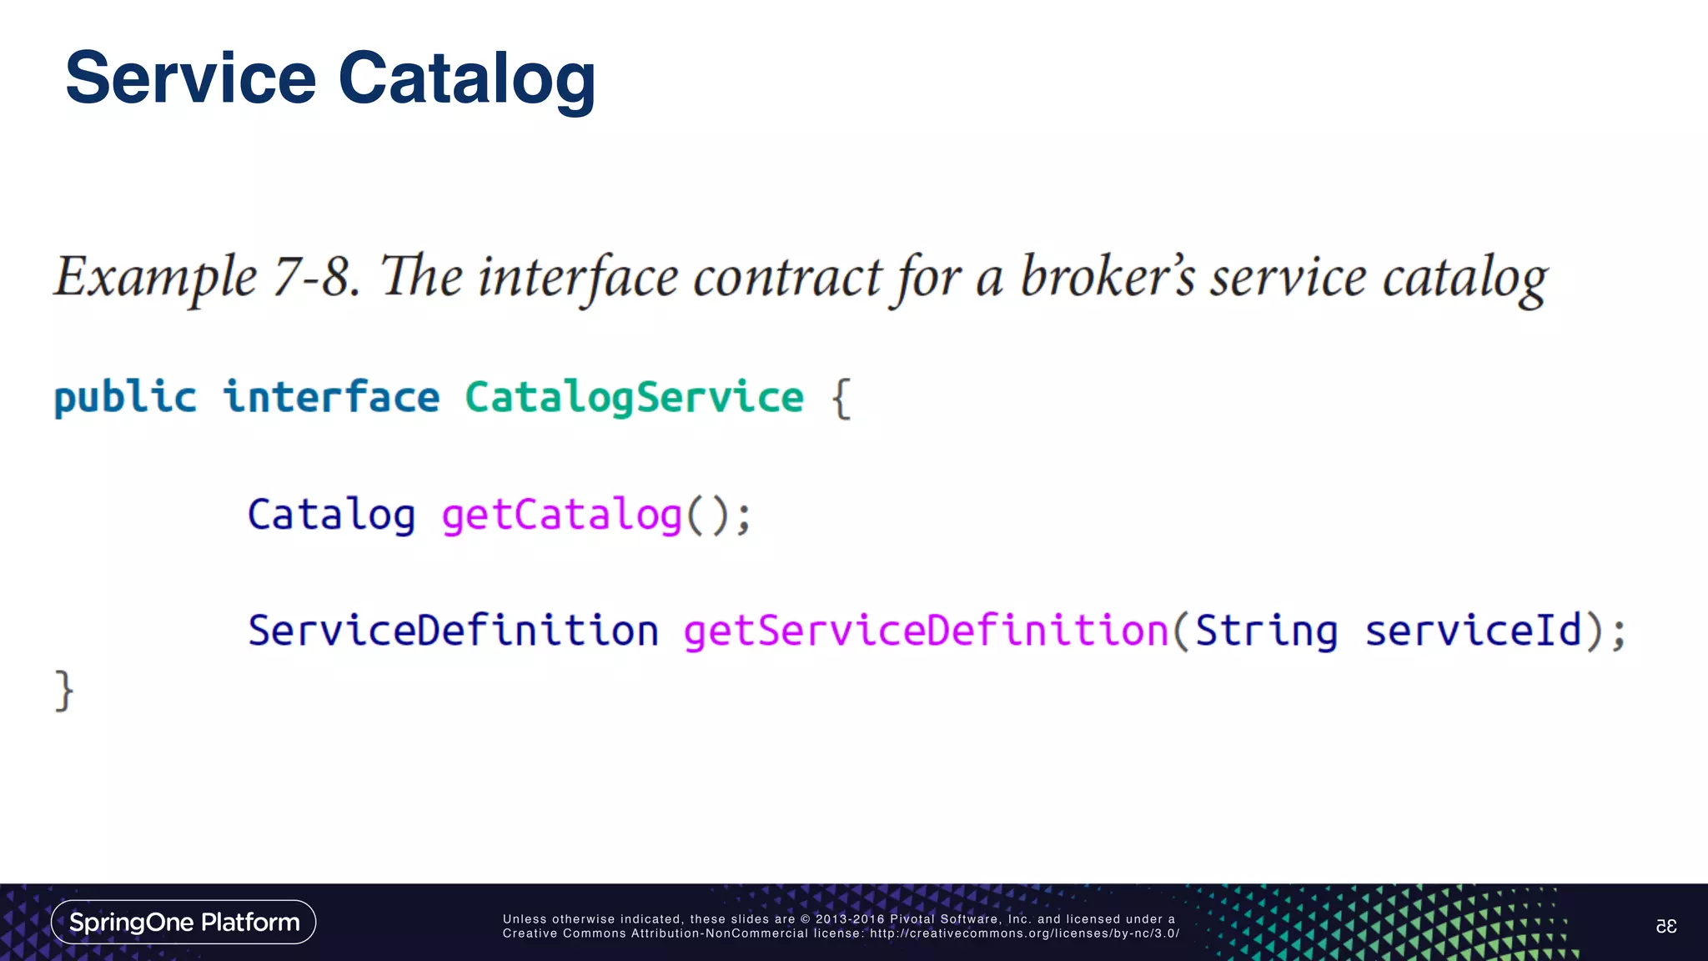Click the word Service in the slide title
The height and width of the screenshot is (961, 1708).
tap(190, 78)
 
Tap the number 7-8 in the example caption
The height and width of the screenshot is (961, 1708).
tap(317, 277)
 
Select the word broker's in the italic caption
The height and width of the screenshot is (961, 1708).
tap(1108, 277)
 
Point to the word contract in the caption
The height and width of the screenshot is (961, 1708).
tap(786, 277)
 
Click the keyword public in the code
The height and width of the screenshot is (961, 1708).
tap(125, 397)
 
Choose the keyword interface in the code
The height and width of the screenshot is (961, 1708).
tap(331, 397)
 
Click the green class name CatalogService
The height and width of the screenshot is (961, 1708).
tap(634, 397)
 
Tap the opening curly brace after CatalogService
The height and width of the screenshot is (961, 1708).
tap(841, 399)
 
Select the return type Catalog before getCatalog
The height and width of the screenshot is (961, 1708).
tap(331, 515)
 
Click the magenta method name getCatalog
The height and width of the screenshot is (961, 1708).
tap(561, 515)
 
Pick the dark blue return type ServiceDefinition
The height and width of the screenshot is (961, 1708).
tap(453, 631)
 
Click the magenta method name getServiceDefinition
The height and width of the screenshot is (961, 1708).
tap(926, 631)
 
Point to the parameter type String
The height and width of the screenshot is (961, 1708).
tap(1266, 631)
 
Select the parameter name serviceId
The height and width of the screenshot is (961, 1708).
tap(1473, 631)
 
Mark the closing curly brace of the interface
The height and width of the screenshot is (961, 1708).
tap(64, 691)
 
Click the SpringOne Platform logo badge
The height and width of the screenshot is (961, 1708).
tap(183, 922)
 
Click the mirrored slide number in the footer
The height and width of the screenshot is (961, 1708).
tap(1665, 926)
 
